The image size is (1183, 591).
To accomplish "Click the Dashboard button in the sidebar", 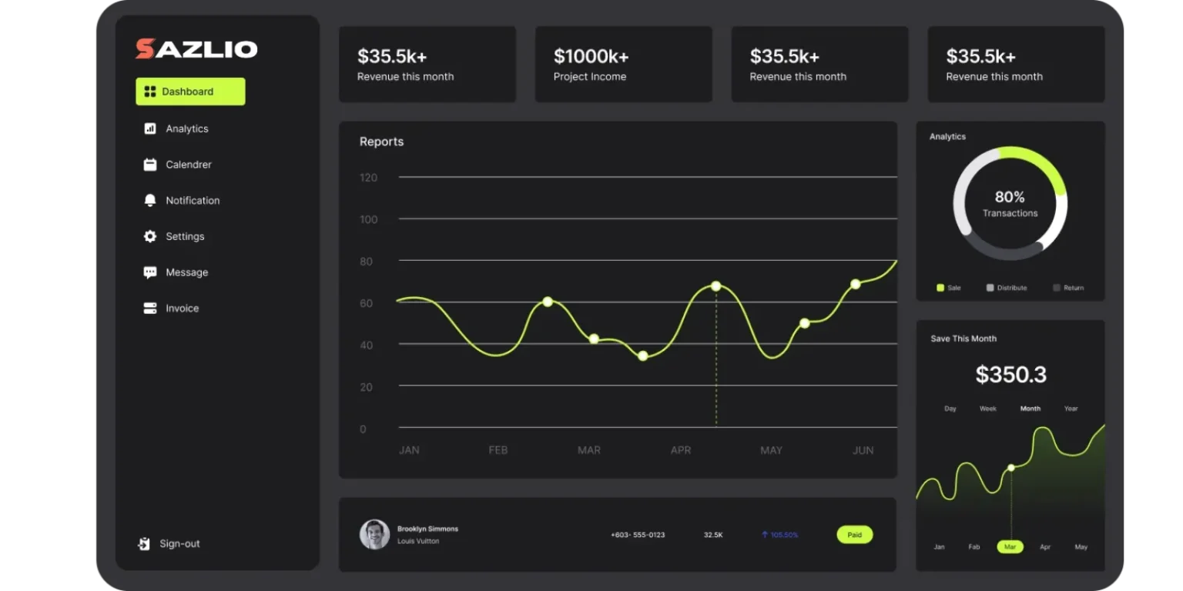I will [190, 92].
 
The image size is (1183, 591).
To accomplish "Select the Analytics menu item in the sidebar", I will [186, 129].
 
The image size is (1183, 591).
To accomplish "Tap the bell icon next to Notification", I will [150, 200].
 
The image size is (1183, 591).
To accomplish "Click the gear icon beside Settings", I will [150, 236].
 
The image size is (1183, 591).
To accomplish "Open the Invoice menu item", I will [182, 309].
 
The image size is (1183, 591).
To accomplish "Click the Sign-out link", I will [179, 544].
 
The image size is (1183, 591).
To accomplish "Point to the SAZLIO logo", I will [196, 49].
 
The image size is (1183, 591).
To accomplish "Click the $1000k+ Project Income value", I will [591, 56].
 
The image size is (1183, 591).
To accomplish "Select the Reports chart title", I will [381, 142].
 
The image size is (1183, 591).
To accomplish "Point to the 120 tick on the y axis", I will [368, 178].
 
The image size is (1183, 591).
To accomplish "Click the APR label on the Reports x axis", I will [681, 450].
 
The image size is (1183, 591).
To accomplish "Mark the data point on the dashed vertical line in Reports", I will [715, 286].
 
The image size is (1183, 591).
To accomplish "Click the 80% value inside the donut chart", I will [1010, 197].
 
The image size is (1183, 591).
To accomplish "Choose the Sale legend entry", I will [949, 288].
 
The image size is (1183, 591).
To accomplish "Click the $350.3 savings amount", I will [1010, 375].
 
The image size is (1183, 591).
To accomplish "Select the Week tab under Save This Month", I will [988, 409].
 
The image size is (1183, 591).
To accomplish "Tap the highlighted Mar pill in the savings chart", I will [1010, 547].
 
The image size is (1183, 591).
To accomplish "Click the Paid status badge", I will [854, 535].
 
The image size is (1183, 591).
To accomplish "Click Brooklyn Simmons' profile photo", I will [375, 534].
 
